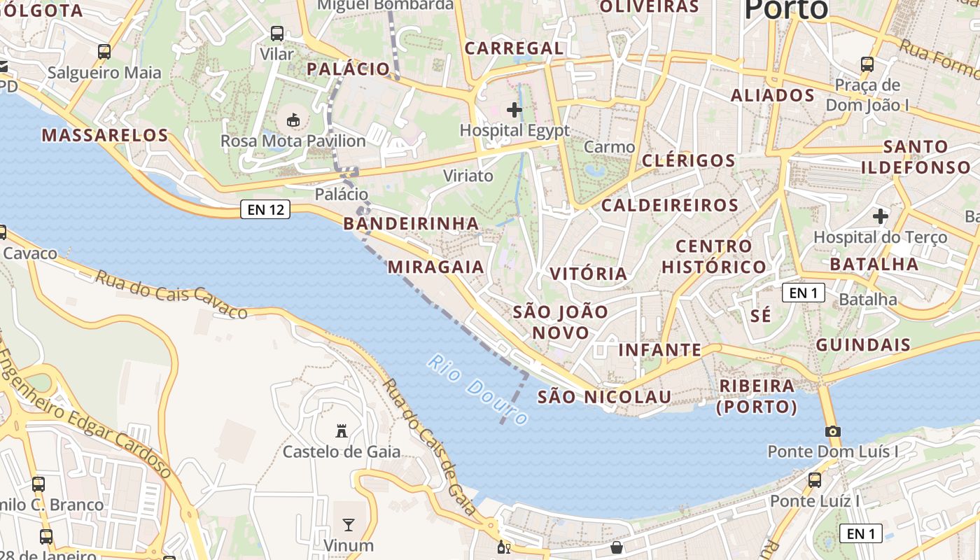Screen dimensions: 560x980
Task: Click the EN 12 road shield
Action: point(265,209)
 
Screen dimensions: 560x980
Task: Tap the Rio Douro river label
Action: point(479,390)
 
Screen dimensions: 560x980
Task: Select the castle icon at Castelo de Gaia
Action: point(342,430)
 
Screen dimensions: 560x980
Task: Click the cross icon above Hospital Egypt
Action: point(514,110)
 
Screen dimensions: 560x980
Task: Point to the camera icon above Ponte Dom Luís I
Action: point(832,431)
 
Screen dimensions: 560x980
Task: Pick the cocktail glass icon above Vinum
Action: point(348,524)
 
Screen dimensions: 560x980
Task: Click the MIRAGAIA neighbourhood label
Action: point(435,267)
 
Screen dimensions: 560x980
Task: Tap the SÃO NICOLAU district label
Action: point(604,397)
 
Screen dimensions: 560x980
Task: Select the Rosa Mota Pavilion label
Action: point(293,141)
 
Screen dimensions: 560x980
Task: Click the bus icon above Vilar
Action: point(277,33)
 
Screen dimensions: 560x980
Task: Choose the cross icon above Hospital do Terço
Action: point(880,216)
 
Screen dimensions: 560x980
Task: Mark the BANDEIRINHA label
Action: point(411,224)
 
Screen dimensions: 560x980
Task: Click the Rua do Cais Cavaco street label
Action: point(171,295)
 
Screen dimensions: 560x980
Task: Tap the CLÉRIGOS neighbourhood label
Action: point(689,160)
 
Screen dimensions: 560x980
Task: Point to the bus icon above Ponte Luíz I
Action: point(815,480)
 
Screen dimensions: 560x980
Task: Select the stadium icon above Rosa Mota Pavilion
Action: point(293,120)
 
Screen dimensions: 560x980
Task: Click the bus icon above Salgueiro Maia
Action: point(104,51)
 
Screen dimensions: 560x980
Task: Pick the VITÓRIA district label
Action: point(589,274)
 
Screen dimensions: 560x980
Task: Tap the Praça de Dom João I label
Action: point(867,95)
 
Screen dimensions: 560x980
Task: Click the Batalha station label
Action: point(867,300)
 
